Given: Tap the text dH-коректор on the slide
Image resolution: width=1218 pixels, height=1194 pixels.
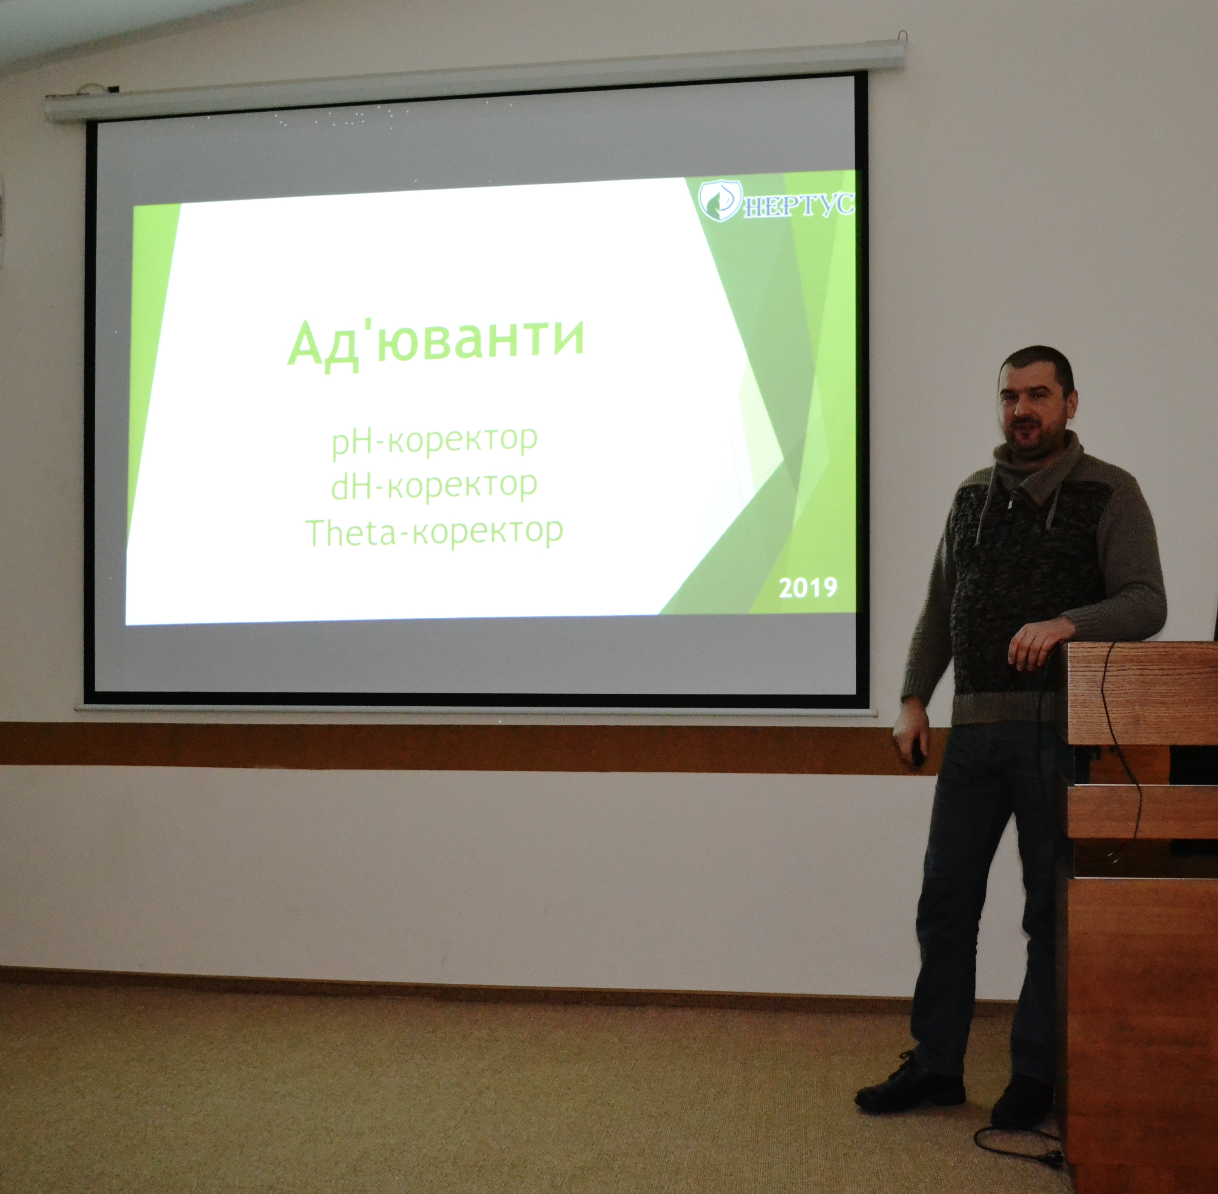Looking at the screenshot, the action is pyautogui.click(x=434, y=486).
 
